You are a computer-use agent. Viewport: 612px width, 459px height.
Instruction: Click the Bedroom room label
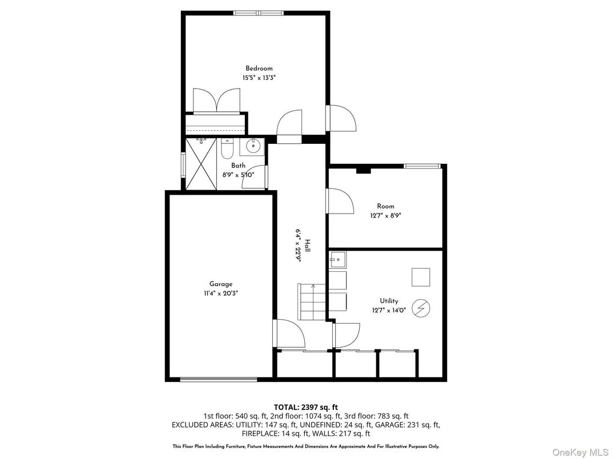coord(259,69)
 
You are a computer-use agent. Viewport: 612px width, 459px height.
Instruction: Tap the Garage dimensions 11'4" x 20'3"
coord(220,293)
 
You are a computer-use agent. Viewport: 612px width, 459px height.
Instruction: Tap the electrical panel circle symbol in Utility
coord(421,309)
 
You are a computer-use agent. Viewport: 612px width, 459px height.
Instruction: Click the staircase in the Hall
coord(312,301)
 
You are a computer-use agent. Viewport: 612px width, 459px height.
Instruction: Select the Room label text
coord(385,206)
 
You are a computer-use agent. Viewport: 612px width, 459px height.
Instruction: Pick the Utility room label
coord(389,301)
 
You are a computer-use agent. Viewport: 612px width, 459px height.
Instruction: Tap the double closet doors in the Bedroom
coord(215,101)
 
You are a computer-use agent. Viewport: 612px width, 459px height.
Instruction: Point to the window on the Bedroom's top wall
coord(258,13)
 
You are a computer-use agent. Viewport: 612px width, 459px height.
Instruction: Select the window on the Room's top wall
coord(422,166)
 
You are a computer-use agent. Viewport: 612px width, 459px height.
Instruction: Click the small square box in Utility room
coord(421,276)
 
